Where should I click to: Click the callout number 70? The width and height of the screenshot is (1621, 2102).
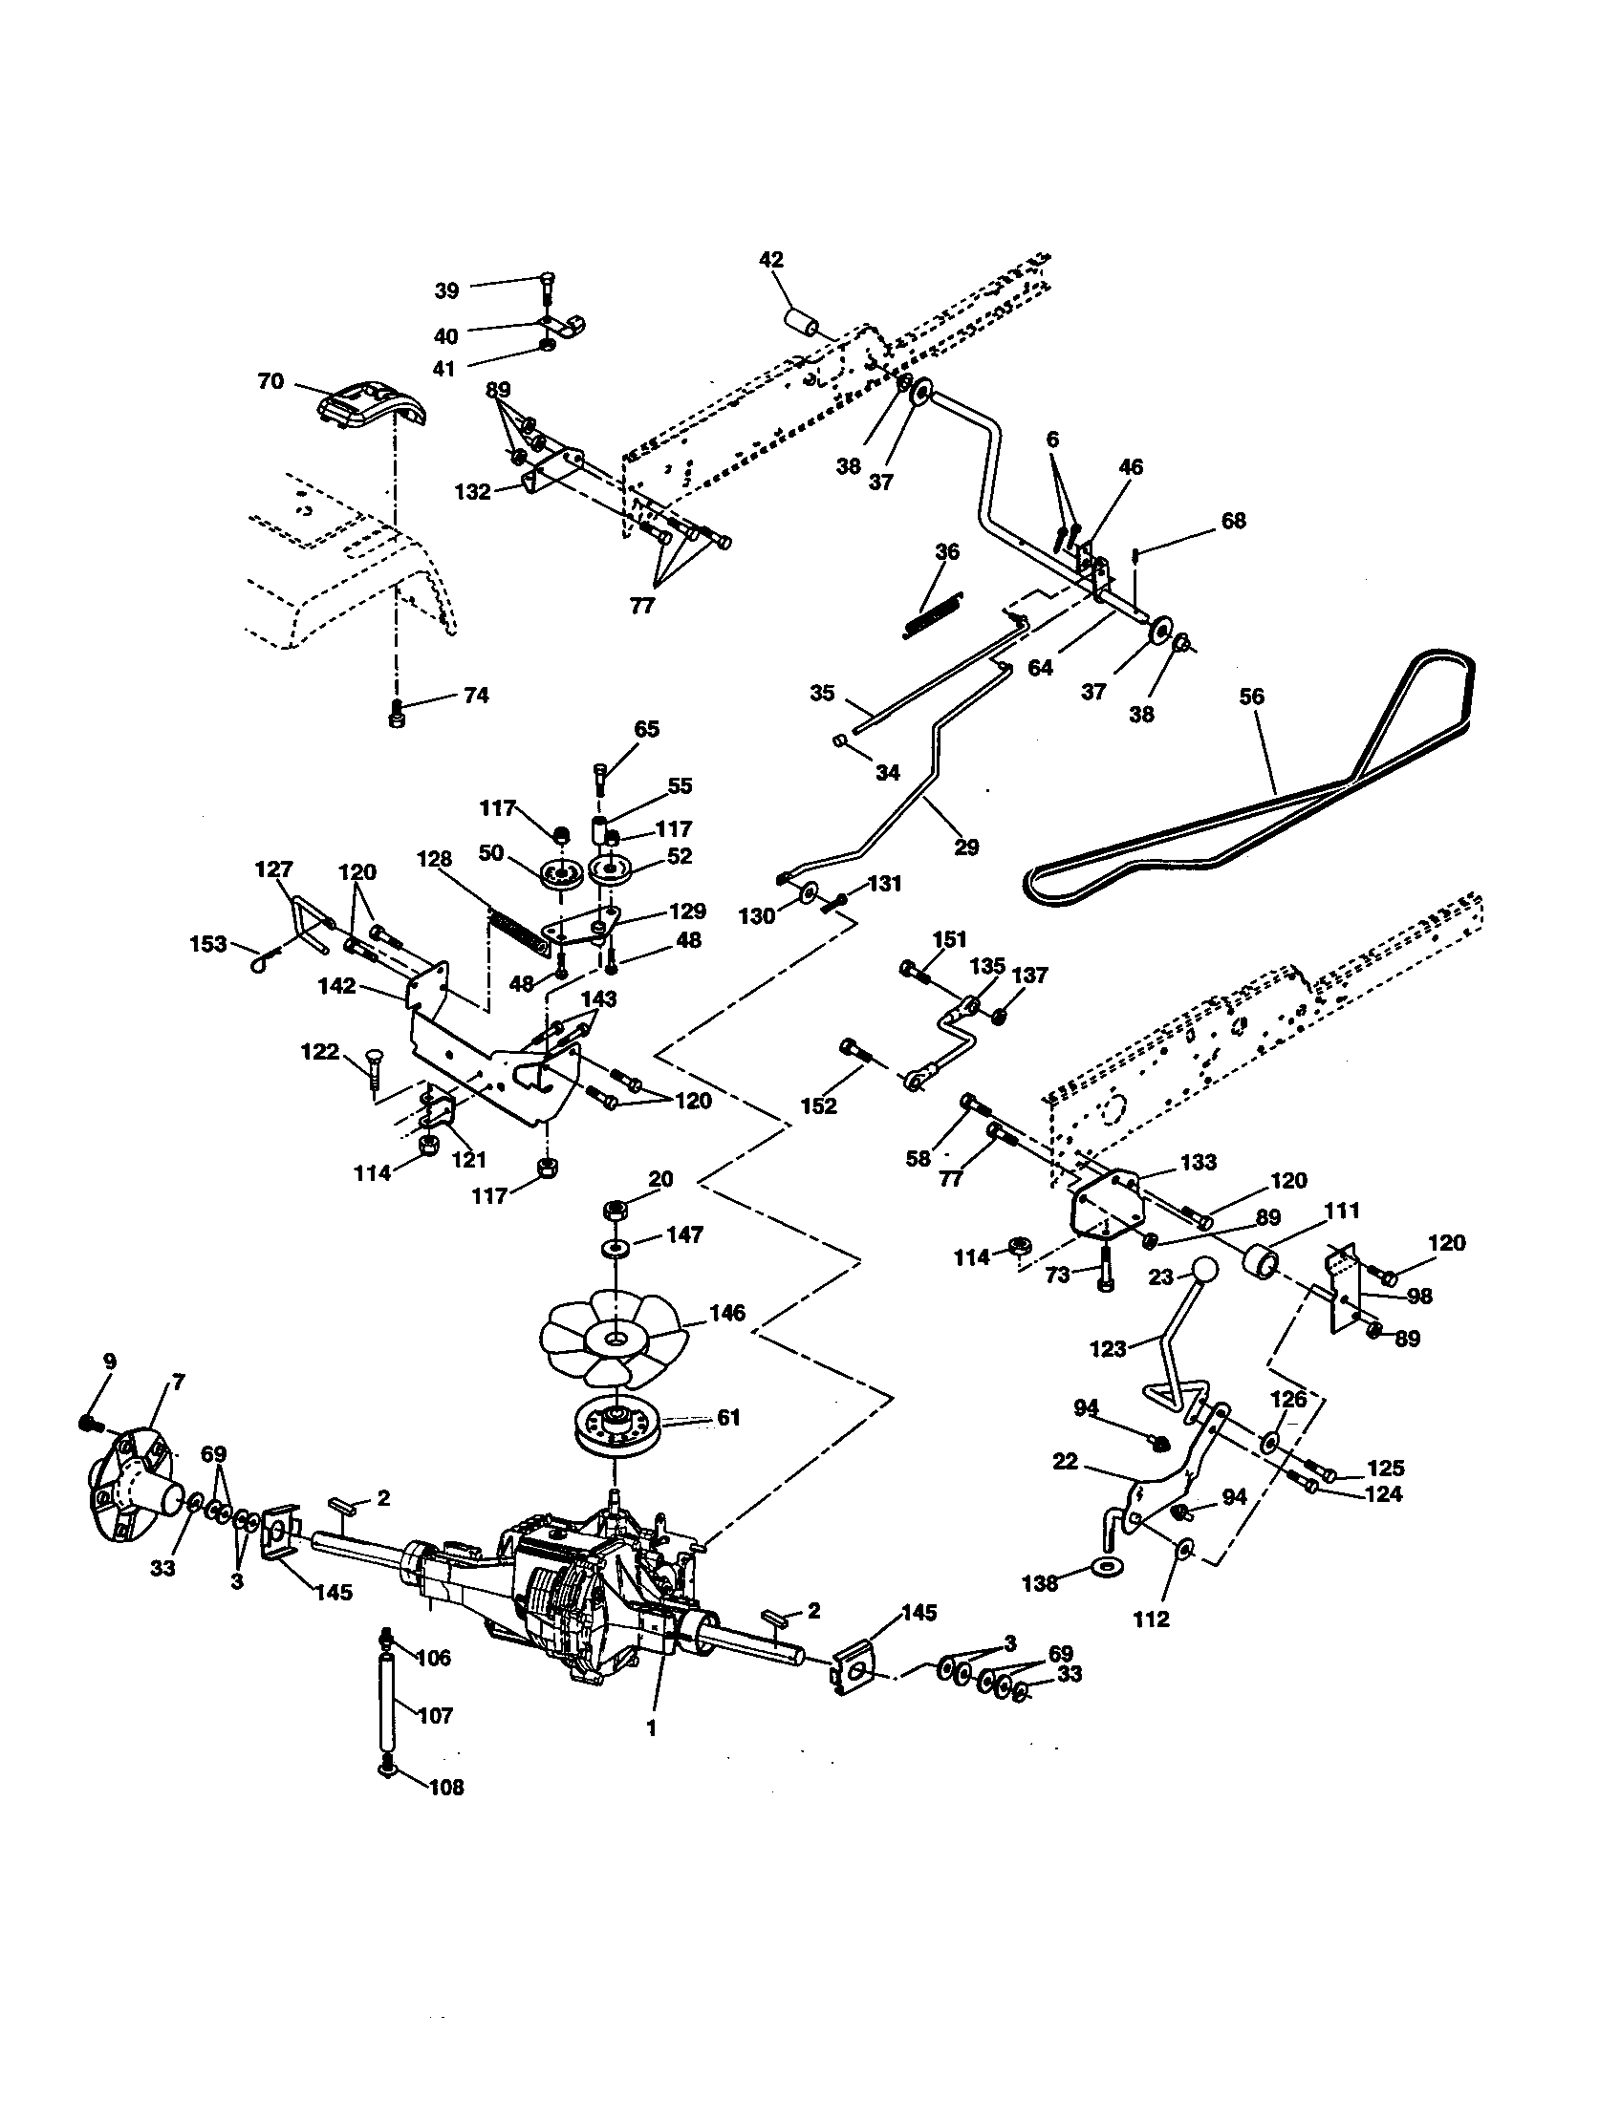(270, 381)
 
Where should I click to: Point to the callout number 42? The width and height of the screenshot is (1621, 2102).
(771, 260)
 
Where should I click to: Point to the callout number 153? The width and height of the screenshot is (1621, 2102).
(208, 943)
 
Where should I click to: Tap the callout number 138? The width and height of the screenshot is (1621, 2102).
(1040, 1583)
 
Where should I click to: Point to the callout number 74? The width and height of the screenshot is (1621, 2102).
(476, 695)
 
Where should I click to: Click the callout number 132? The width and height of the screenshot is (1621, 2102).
(472, 492)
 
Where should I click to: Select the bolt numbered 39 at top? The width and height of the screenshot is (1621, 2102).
(546, 287)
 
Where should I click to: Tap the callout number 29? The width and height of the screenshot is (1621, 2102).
(965, 846)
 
